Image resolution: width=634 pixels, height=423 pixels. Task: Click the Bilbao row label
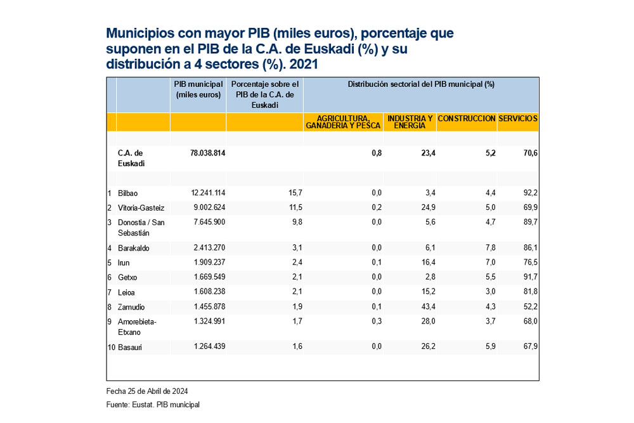[x=127, y=193]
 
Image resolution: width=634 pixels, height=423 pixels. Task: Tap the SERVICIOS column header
[x=518, y=119]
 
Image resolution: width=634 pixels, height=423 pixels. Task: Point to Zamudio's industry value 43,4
[x=427, y=306]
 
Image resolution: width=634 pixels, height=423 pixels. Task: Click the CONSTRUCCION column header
[x=467, y=119]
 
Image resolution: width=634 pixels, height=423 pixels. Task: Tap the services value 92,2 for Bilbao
[x=530, y=193]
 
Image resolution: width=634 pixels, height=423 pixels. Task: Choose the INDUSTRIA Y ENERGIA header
[x=410, y=122]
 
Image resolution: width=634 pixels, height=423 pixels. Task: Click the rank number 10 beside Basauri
[x=111, y=346]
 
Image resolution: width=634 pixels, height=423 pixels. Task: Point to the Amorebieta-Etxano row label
[x=136, y=327]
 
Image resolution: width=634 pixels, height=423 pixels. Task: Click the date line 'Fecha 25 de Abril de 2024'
[x=147, y=391]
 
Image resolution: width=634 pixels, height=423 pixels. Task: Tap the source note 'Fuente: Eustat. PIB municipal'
[x=152, y=405]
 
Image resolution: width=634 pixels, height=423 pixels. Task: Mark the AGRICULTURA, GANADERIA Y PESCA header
[x=343, y=122]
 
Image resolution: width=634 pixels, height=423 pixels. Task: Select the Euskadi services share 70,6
[x=530, y=153]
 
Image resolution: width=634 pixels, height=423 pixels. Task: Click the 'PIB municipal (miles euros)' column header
[x=198, y=89]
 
